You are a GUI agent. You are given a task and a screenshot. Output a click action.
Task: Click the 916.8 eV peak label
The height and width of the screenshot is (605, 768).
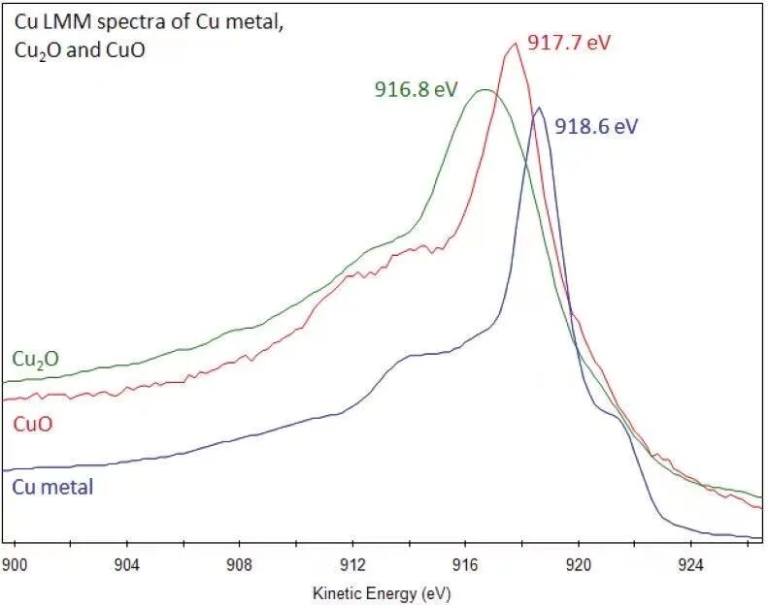(416, 89)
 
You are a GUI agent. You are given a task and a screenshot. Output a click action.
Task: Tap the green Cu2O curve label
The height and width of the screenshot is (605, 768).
(35, 359)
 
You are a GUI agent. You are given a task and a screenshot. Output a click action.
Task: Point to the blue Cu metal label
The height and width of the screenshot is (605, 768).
(52, 487)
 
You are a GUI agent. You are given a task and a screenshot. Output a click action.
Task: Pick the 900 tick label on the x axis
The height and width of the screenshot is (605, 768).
(14, 562)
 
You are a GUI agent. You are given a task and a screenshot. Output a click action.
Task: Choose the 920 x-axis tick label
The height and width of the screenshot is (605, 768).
(579, 562)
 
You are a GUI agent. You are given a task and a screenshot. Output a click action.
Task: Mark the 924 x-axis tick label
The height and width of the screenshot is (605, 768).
(691, 562)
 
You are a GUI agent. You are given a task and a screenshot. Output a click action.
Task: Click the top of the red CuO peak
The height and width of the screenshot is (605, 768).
(515, 43)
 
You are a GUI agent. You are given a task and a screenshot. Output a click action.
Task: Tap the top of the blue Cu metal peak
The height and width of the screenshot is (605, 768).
(539, 108)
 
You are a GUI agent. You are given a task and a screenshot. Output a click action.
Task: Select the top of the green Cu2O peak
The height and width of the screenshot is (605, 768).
(483, 90)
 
